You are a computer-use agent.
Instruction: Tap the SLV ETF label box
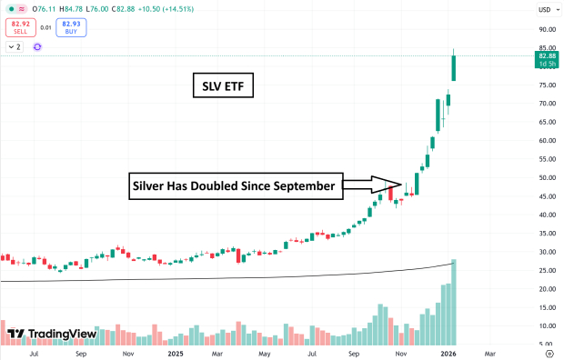click(x=222, y=87)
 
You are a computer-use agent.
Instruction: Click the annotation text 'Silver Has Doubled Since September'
click(x=235, y=186)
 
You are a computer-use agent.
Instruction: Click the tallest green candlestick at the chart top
click(x=454, y=68)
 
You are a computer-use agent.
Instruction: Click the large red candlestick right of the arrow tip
click(x=390, y=192)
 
